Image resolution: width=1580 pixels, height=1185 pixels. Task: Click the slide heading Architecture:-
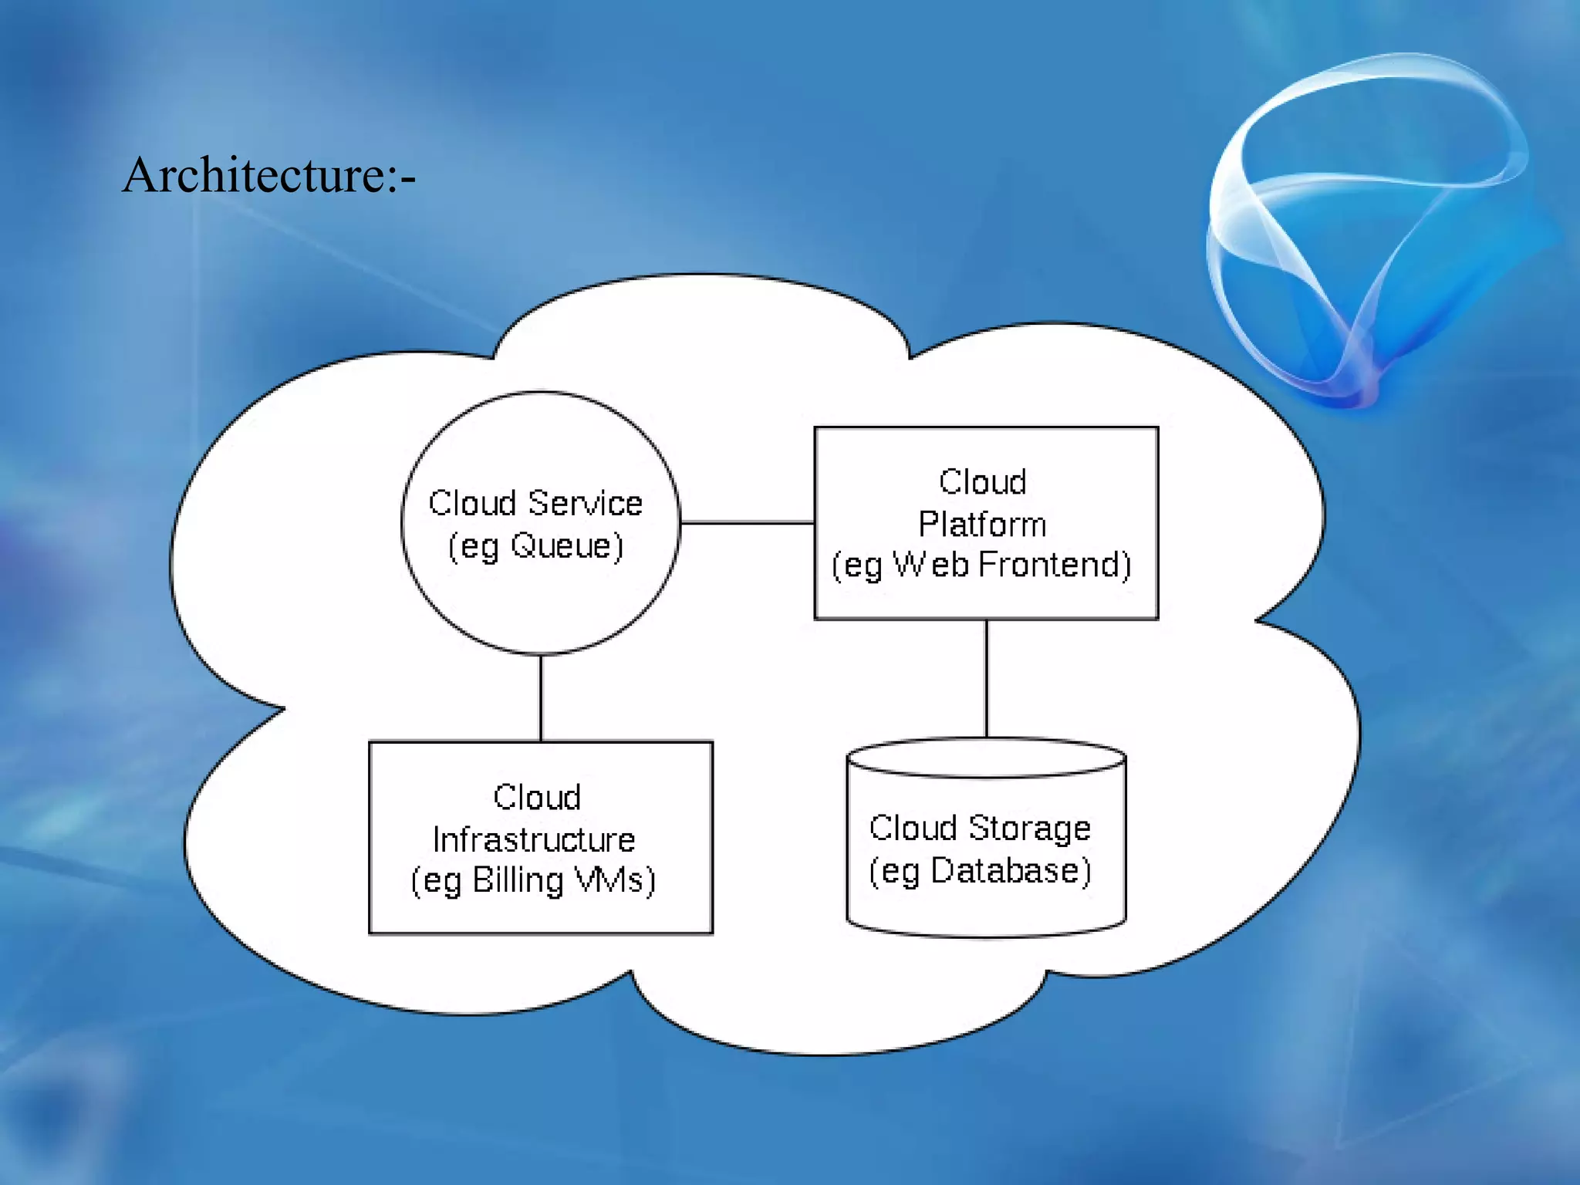tap(268, 175)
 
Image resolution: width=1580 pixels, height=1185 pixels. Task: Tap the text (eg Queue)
tap(535, 546)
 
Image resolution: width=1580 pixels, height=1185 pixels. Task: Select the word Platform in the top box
tap(982, 525)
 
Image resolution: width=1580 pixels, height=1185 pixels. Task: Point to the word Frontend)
tap(1055, 565)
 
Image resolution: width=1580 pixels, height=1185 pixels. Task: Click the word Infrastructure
tap(534, 839)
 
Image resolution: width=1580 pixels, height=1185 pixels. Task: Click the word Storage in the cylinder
tap(1029, 829)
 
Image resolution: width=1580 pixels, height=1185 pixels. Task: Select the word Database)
tap(1011, 871)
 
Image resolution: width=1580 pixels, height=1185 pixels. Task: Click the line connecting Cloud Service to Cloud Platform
tap(747, 522)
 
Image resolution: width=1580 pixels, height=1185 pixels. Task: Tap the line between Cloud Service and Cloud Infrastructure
tap(541, 698)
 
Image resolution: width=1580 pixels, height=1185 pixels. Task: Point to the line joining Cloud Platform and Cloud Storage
tap(986, 679)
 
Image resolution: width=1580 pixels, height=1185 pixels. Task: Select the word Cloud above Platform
tap(982, 482)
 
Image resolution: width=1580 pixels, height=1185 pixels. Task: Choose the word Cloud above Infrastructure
tap(537, 798)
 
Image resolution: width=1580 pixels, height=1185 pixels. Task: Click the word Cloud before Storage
tap(913, 829)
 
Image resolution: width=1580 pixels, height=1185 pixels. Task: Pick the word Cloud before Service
tap(472, 504)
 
